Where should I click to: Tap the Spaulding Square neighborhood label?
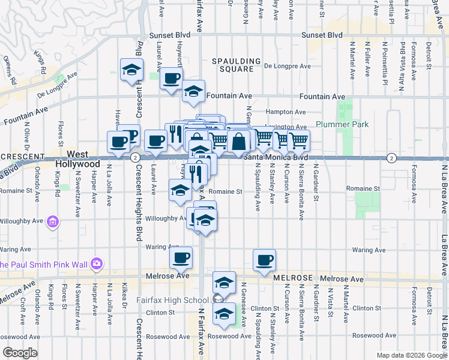pos(237,65)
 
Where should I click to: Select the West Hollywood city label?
pos(77,159)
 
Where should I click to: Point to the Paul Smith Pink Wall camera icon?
pos(97,264)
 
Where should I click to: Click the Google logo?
pos(20,352)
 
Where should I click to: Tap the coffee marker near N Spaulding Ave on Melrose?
pos(264,259)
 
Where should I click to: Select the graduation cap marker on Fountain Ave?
pos(193,91)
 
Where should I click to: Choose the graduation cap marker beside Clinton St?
pos(224,313)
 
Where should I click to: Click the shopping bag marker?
pos(239,142)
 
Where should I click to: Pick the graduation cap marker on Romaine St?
pos(180,190)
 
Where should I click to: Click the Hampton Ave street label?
pos(286,112)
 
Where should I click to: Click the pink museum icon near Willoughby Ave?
pos(52,223)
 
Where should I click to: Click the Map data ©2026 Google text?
pos(411,355)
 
